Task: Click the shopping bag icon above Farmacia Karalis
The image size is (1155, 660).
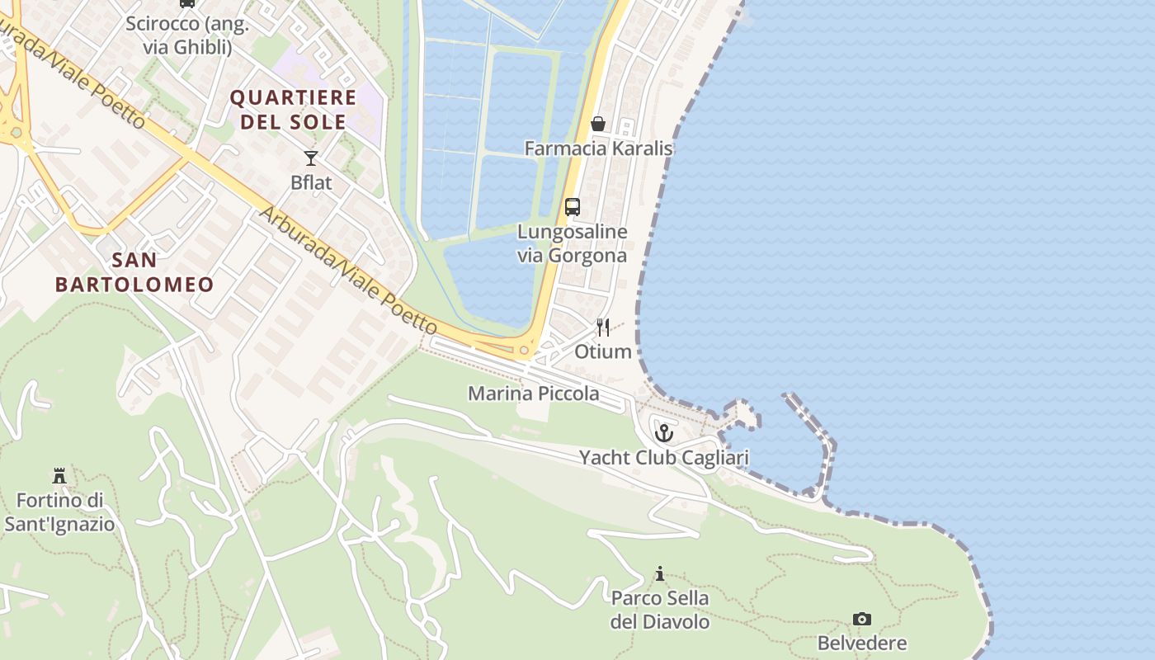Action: (x=598, y=124)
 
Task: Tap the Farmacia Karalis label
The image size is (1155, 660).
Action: (x=598, y=148)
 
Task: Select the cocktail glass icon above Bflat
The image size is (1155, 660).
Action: (x=311, y=158)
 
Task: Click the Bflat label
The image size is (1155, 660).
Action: (x=311, y=182)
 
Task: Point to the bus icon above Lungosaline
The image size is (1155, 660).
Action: (x=572, y=207)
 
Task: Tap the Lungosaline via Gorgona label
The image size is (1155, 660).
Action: (x=572, y=243)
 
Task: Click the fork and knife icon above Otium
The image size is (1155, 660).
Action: (x=603, y=328)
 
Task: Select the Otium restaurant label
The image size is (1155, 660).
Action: (x=603, y=351)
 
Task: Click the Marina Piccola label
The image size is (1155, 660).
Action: (x=534, y=394)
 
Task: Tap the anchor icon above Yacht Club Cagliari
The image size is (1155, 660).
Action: (x=664, y=432)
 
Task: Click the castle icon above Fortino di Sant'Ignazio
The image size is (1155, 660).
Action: (x=59, y=476)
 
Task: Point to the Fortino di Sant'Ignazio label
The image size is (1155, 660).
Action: (x=59, y=511)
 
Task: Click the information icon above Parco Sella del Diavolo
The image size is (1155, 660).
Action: (x=659, y=573)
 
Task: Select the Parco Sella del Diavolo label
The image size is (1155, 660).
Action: (x=659, y=610)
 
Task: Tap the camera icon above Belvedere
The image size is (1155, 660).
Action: (x=862, y=619)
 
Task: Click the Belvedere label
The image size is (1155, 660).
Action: (x=862, y=643)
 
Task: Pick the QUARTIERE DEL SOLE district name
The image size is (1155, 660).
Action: (x=293, y=110)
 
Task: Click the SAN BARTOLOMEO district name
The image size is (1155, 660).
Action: (x=134, y=272)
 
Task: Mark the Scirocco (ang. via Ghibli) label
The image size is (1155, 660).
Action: (x=187, y=35)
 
